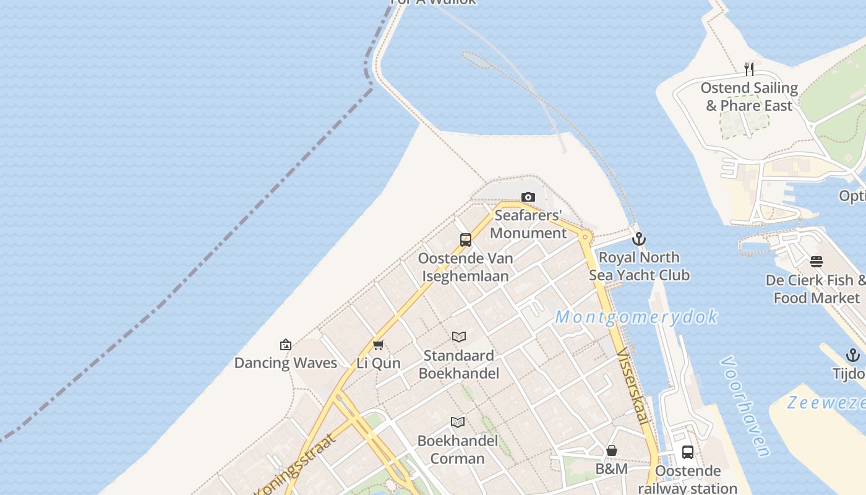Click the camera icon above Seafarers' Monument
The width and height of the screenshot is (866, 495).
[x=528, y=197]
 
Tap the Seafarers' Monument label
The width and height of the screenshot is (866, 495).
[x=528, y=224]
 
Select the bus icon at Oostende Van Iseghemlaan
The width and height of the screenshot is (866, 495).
[x=466, y=240]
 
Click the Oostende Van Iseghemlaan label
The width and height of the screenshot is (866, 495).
[x=465, y=267]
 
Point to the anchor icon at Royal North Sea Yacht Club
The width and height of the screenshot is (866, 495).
[x=639, y=239]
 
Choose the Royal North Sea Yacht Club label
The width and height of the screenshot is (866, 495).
[x=639, y=266]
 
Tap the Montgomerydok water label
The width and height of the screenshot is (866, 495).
[x=637, y=317]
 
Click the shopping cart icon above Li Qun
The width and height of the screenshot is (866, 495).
[x=378, y=345]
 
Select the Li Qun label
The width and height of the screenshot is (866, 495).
[x=378, y=363]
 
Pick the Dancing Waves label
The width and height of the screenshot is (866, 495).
[x=285, y=363]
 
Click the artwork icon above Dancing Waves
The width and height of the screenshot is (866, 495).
[x=285, y=345]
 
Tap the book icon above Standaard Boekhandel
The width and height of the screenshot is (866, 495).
[x=458, y=337]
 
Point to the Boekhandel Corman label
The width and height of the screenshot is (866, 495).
[x=457, y=449]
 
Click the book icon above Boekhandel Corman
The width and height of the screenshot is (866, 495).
[x=458, y=423]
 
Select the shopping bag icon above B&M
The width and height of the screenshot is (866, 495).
[x=611, y=450]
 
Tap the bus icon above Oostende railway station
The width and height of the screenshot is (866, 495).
[x=687, y=452]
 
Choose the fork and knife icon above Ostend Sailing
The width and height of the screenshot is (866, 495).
[x=748, y=69]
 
